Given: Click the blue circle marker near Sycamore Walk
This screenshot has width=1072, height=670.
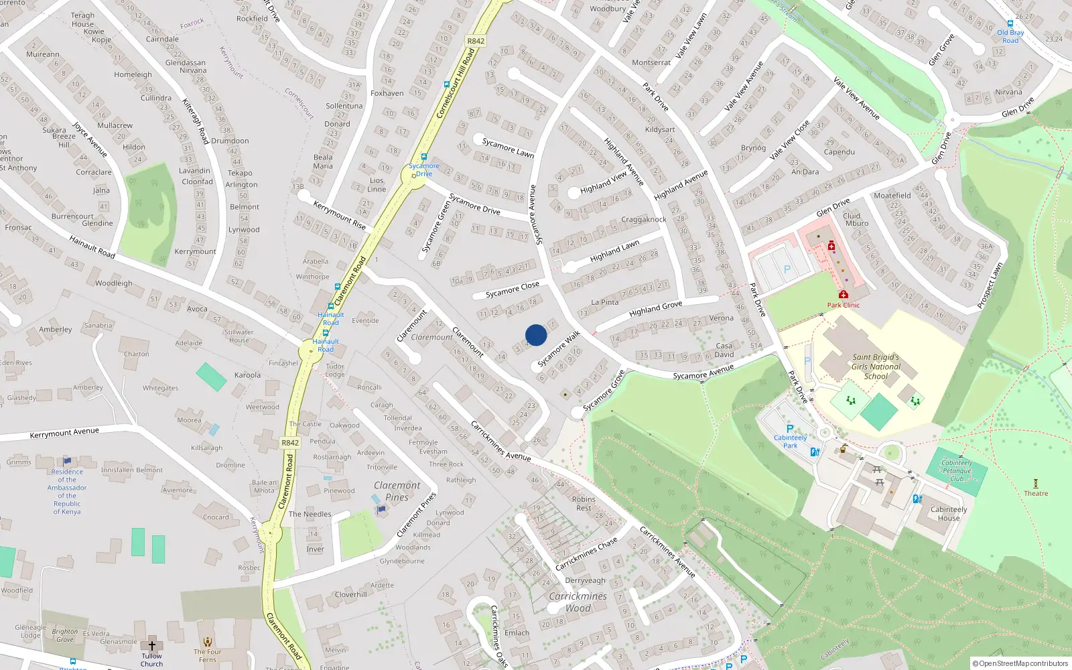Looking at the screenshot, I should pos(536,335).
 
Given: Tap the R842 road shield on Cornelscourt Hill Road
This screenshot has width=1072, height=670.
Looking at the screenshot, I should pos(476,41).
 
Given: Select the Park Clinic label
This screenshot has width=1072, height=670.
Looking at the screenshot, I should pos(843,305).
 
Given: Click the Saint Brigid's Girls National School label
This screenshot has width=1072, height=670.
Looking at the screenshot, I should pos(876,366).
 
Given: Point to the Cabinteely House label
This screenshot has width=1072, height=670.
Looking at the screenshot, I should pos(949,513).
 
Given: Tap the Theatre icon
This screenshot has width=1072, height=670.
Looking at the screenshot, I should pos(1036,483).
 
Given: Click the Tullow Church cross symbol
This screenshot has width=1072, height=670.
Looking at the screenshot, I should pos(152,646).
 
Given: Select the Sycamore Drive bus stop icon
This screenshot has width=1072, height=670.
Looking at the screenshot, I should pos(423,157).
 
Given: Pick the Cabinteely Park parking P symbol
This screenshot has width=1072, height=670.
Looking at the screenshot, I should pos(790,429).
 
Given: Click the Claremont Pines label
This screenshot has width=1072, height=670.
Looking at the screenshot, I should pos(397,491).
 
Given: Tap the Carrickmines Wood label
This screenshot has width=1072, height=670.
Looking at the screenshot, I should pos(578,602).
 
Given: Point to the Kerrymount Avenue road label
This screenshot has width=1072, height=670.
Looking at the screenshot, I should pos(64,433).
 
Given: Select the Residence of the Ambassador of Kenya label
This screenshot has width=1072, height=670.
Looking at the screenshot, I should pos(67,491).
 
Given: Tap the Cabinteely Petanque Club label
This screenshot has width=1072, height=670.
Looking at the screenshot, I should pos(957,470).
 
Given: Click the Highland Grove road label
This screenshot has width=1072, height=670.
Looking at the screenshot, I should pos(655,309).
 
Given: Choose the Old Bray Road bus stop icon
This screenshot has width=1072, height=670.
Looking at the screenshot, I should pos(1010,23).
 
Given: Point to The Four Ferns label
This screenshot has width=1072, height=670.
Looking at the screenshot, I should pos(208,655).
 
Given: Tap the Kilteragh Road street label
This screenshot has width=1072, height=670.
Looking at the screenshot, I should pos(196,121).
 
